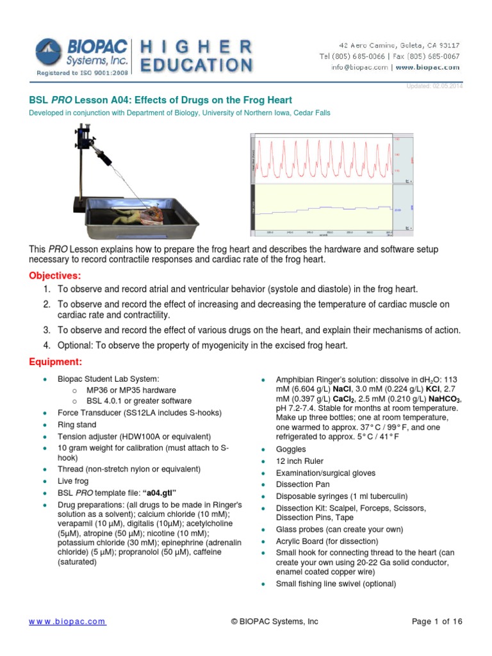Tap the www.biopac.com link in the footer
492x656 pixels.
68,621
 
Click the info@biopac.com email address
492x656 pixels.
359,67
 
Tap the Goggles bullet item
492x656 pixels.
290,450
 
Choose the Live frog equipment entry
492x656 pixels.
73,480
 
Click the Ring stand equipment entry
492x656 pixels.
77,425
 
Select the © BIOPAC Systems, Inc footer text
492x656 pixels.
274,621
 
